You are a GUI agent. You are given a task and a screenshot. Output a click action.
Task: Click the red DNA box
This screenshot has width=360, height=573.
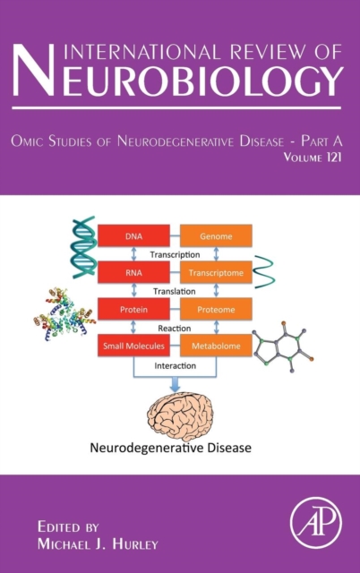pyautogui.click(x=133, y=235)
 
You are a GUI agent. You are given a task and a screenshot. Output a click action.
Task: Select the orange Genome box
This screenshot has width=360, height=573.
pyautogui.click(x=216, y=235)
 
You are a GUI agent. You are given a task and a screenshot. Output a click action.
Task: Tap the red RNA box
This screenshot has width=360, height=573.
pyautogui.click(x=133, y=272)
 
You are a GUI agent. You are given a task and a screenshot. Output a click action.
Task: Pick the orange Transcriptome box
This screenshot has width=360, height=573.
pyautogui.click(x=216, y=272)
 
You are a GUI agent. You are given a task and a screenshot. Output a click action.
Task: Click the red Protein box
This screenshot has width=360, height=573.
pyautogui.click(x=133, y=309)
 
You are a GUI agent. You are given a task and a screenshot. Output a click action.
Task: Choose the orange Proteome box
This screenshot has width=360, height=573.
pyautogui.click(x=216, y=309)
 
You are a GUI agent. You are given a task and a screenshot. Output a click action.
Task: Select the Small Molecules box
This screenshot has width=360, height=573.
pyautogui.click(x=133, y=346)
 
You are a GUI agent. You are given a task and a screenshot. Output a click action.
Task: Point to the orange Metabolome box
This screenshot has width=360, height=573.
pyautogui.click(x=216, y=346)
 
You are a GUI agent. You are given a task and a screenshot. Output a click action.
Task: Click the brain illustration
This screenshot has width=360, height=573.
pyautogui.click(x=180, y=416)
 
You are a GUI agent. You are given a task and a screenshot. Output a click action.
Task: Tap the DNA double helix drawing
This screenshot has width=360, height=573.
pyautogui.click(x=84, y=247)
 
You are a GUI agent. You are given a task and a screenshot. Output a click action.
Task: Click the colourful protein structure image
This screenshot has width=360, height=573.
pyautogui.click(x=64, y=314)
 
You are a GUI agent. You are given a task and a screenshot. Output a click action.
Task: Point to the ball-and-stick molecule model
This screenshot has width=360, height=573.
pyautogui.click(x=283, y=346)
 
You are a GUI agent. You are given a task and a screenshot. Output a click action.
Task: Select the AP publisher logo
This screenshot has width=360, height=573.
pyautogui.click(x=316, y=522)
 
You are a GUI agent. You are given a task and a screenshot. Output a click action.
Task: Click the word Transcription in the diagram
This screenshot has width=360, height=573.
pyautogui.click(x=175, y=254)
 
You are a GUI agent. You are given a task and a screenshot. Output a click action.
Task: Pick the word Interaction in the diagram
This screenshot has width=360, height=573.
pyautogui.click(x=175, y=366)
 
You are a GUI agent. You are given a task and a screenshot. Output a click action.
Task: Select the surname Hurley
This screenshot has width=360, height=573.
pyautogui.click(x=135, y=544)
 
